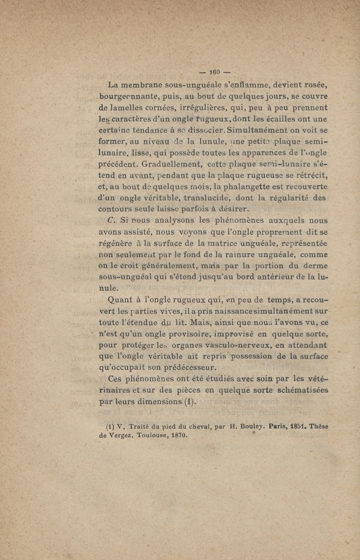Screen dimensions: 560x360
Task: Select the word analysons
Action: tap(169, 220)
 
